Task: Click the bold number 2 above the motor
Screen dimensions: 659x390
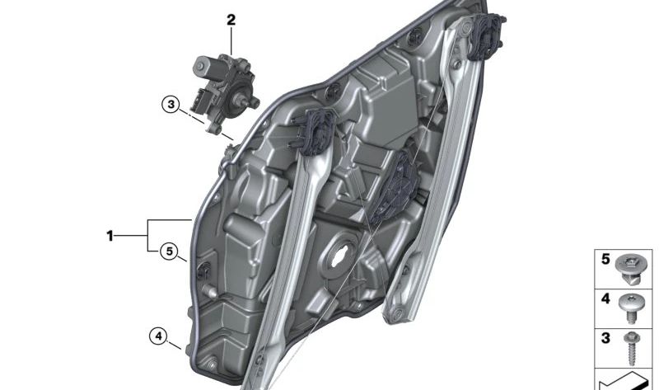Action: coord(231,20)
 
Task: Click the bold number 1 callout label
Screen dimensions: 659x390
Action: coord(110,236)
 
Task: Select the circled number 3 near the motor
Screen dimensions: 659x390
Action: coord(171,104)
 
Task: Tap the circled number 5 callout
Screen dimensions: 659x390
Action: coord(169,251)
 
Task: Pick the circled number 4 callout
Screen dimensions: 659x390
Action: coord(158,336)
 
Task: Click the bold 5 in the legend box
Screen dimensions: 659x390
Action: coord(605,259)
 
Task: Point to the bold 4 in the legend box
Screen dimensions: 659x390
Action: coord(605,298)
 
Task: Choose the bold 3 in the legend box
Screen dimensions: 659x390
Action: coord(605,338)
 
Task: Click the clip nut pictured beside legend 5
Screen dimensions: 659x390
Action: coord(629,270)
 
